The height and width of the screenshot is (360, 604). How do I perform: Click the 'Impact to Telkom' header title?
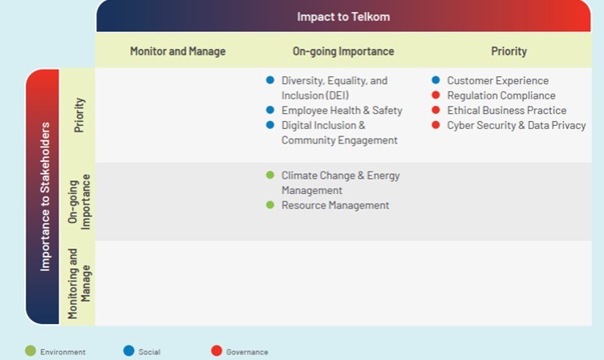343,17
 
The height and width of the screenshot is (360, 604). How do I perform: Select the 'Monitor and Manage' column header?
177,51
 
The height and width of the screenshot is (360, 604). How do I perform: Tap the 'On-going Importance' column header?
343,51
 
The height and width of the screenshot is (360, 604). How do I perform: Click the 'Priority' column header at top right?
509,51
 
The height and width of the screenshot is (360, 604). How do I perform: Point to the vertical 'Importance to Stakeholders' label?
45,196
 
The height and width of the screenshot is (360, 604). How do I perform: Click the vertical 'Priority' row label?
79,115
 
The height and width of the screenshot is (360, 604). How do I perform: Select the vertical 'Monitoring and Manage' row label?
79,283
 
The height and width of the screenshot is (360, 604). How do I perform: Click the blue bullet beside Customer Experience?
436,80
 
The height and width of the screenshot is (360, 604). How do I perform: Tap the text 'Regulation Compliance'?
501,95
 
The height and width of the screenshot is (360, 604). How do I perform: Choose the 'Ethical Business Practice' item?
507,111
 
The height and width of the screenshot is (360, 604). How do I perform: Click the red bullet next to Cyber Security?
436,125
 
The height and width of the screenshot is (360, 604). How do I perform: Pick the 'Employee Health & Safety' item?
342,111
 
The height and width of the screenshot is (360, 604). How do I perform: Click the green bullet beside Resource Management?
270,204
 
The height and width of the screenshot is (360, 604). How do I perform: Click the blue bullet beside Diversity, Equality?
270,80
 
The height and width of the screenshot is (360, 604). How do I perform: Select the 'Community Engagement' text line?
339,140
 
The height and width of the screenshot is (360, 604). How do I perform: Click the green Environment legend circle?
30,350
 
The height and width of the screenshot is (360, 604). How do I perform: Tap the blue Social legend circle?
128,350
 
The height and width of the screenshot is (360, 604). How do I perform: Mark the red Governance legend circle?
217,350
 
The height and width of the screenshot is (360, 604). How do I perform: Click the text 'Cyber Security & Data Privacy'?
517,126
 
